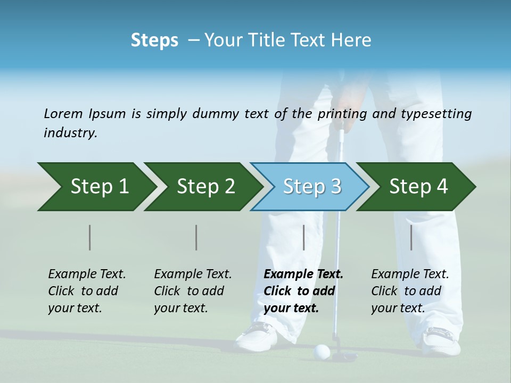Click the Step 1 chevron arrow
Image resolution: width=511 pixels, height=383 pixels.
pos(96,186)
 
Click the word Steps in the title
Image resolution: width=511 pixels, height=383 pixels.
pos(154,40)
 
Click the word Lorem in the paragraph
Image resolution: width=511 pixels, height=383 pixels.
pos(63,114)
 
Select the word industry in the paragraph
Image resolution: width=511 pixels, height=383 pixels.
pos(70,133)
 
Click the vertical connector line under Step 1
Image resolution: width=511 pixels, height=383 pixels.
pos(90,237)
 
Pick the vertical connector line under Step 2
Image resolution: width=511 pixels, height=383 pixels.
pos(196,237)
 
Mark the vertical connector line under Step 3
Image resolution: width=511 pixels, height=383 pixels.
pos(304,237)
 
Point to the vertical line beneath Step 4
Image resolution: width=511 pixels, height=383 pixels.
pos(411,237)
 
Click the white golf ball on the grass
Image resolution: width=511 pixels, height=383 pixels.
pos(322,351)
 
